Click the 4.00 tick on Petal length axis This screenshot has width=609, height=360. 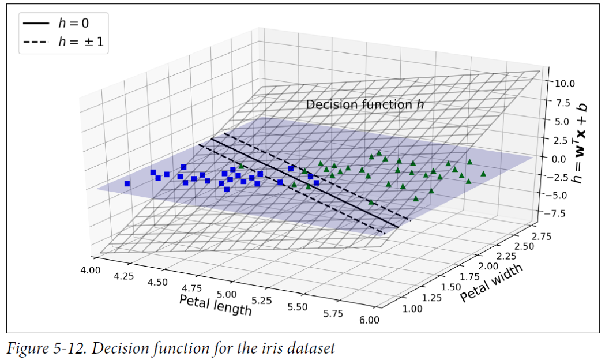tap(90, 269)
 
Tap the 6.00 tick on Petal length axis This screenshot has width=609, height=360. tap(369, 320)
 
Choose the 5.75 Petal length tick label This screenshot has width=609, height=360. tap(333, 313)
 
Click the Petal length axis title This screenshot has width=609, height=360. tap(215, 305)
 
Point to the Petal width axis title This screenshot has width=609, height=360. tap(491, 282)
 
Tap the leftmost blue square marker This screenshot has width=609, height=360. tap(127, 183)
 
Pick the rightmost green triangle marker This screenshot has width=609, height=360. tap(483, 173)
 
